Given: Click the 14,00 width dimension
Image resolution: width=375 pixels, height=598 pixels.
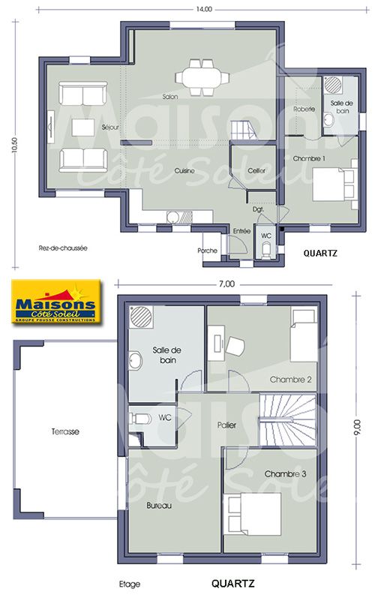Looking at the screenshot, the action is tap(204, 10).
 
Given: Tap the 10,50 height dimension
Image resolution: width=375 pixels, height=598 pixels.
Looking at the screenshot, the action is tap(15, 145).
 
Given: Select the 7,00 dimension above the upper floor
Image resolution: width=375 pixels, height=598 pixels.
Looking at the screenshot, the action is tap(226, 284).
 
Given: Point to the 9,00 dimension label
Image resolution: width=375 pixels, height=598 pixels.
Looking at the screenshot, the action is tap(356, 428).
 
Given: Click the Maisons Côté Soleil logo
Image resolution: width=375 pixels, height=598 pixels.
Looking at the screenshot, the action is tap(55, 302).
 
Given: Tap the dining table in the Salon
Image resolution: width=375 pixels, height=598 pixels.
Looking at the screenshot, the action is tap(202, 77).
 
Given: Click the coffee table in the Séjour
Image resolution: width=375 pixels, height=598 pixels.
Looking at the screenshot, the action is tap(83, 128).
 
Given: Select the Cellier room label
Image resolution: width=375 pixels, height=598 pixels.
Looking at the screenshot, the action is tap(256, 170).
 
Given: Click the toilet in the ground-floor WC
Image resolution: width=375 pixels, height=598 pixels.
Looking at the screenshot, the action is tap(266, 251).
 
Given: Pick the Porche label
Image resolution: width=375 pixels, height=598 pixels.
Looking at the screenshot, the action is tap(207, 251).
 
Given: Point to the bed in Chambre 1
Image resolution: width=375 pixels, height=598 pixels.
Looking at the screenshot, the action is tap(335, 185).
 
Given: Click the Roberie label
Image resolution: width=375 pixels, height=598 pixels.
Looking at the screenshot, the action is tap(304, 109).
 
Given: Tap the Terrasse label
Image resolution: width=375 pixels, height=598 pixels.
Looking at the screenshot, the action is tap(65, 431).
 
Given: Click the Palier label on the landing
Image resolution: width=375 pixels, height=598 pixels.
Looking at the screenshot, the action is tap(226, 425).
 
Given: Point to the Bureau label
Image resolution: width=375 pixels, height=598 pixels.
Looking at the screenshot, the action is tap(159, 505).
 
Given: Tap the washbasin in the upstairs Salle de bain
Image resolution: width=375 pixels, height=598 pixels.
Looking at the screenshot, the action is tap(135, 360).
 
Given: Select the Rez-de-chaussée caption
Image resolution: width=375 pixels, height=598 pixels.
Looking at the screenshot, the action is tap(63, 248).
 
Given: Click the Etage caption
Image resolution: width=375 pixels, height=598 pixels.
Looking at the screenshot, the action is tap(130, 584).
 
